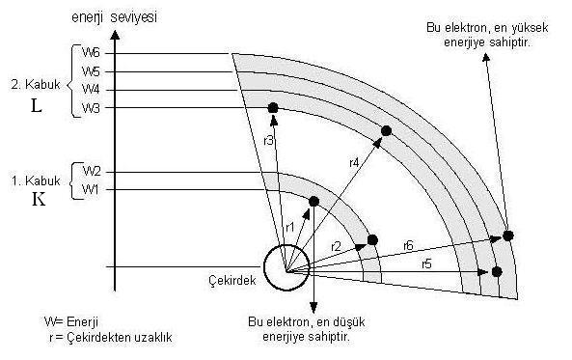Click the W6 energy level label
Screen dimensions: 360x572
91,54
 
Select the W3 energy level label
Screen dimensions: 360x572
91,107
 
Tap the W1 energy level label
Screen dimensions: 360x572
91,189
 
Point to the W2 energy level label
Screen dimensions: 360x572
91,172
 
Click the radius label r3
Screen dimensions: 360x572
269,141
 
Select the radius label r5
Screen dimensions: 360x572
425,263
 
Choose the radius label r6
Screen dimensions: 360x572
409,245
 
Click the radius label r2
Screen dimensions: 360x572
335,247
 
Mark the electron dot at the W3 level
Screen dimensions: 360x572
273,107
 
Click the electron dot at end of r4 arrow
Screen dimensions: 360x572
386,130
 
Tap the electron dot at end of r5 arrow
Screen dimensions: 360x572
497,271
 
